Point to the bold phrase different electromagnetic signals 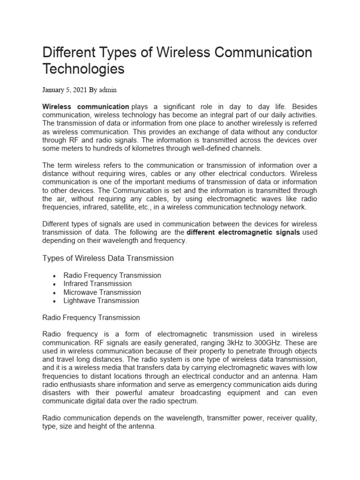point(243,232)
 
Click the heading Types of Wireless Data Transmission point(108,258)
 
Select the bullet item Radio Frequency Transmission point(112,275)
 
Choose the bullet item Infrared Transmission point(97,284)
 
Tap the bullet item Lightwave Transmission point(101,300)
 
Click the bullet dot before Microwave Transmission point(56,292)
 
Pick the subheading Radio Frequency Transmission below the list point(91,317)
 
